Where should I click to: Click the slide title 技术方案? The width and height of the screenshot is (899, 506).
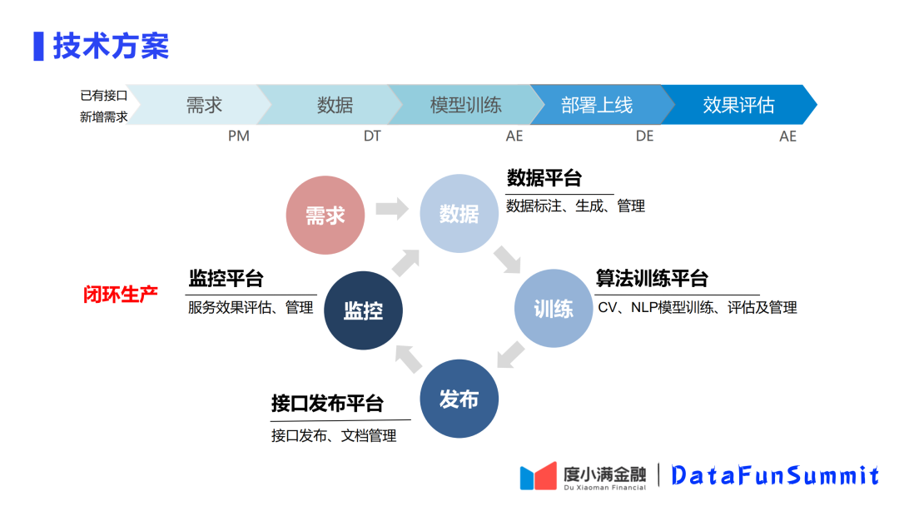(111, 46)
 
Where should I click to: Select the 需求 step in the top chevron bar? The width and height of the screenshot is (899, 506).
(203, 105)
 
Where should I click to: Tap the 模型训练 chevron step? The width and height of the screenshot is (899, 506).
(465, 105)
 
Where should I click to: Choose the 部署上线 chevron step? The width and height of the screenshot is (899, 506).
(597, 105)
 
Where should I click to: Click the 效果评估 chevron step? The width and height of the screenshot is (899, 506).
(738, 105)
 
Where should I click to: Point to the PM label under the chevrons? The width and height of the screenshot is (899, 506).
(239, 136)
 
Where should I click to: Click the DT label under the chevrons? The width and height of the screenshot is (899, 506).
(372, 136)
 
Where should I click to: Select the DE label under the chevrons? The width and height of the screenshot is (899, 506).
(645, 136)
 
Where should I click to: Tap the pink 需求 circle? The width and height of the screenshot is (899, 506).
(325, 215)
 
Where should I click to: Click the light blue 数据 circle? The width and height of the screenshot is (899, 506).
(459, 214)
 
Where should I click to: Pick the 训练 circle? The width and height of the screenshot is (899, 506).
(554, 309)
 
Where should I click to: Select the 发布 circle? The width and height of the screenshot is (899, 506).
(459, 399)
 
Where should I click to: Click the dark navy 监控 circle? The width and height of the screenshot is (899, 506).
(364, 310)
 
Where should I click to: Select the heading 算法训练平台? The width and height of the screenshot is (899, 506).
(652, 278)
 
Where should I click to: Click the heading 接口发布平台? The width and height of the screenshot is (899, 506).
(327, 404)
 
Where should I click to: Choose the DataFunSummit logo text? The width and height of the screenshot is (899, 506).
(775, 475)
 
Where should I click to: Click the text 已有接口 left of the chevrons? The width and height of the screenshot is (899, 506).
(103, 96)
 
